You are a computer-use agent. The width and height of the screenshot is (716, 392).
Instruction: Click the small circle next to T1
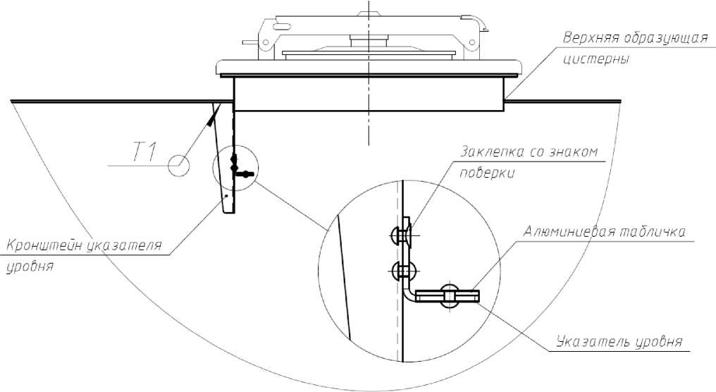[x=178, y=165]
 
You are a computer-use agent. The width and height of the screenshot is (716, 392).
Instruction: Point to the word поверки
[x=487, y=173]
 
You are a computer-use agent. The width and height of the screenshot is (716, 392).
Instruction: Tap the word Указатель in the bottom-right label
[x=590, y=342]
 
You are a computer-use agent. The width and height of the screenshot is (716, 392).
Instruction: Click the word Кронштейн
[x=42, y=245]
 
